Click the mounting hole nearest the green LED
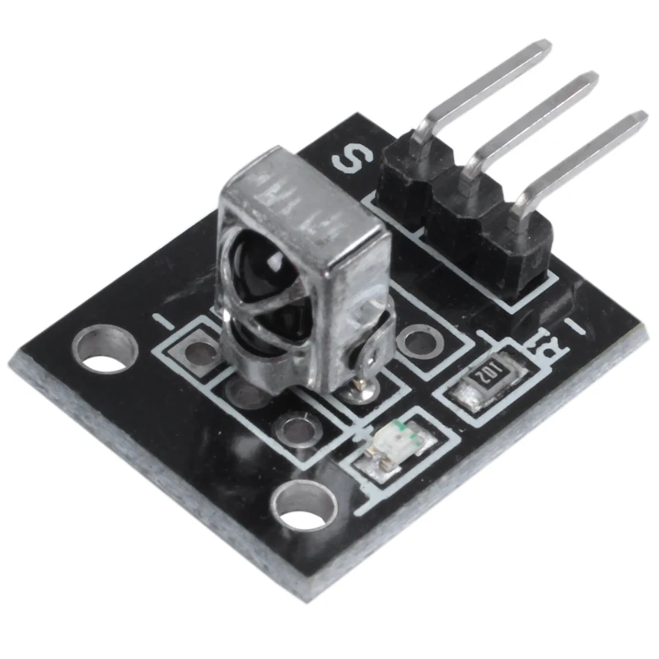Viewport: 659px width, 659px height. pyautogui.click(x=299, y=502)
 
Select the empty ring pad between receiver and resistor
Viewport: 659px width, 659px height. pyautogui.click(x=422, y=339)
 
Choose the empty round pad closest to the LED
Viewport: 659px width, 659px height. pyautogui.click(x=293, y=427)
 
